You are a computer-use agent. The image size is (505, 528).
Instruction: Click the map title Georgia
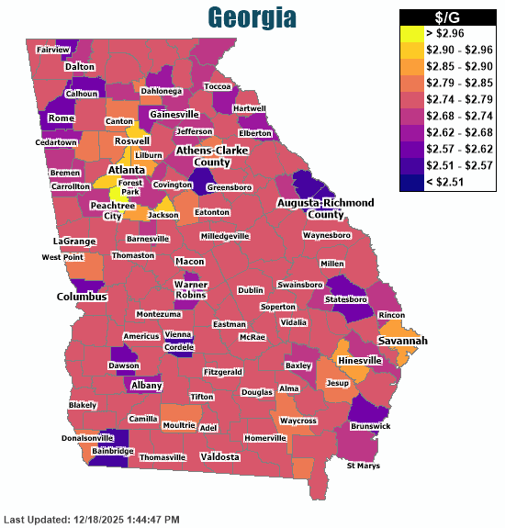[x=251, y=17]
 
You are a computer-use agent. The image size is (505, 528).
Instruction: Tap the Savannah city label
[x=402, y=341]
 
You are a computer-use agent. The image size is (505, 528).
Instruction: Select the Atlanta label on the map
[x=126, y=171]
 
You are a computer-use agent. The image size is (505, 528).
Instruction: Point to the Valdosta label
[x=219, y=456]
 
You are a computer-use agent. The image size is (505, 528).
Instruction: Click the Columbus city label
[x=83, y=297]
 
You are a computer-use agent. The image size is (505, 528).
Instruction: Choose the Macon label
[x=189, y=262]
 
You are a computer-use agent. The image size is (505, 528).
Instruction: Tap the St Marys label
[x=363, y=466]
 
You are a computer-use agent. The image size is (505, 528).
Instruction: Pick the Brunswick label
[x=370, y=426]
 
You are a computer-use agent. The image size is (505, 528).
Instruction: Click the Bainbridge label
[x=113, y=451]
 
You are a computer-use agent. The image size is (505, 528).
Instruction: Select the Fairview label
[x=53, y=50]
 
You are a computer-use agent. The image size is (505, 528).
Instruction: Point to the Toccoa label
[x=218, y=86]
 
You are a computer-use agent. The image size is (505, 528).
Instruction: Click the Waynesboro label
[x=327, y=236]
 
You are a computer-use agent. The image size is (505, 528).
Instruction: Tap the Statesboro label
[x=346, y=299]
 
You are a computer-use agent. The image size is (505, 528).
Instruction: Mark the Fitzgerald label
[x=223, y=372]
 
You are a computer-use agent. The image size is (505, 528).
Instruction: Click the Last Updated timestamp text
[x=91, y=519]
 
